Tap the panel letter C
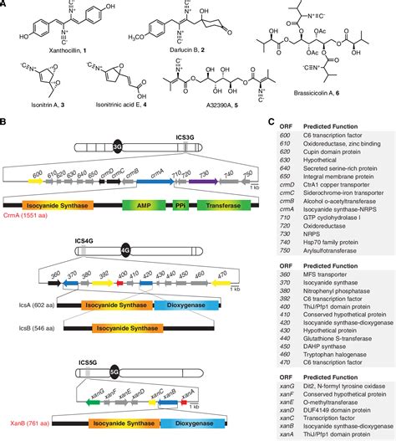(272, 121)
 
